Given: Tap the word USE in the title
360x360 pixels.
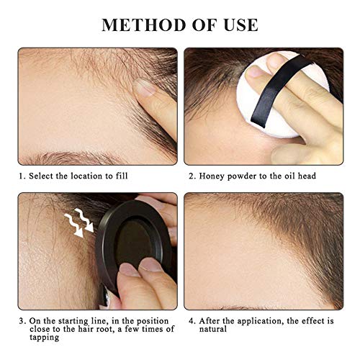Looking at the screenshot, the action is click(240, 24).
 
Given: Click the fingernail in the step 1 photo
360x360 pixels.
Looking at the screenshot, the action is click(144, 87).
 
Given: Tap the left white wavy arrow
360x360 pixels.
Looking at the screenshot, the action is click(73, 225).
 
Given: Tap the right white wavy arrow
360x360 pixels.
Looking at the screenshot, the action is click(84, 220).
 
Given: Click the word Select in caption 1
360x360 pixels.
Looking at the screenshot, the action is click(41, 176).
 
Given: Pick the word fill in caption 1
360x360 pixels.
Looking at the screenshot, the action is click(122, 176).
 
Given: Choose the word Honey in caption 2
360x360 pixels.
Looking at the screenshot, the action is click(212, 176).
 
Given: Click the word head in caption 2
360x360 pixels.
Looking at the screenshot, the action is click(307, 176).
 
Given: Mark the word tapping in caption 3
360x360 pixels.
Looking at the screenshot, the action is click(45, 338).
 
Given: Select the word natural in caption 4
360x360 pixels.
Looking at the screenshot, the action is click(213, 329).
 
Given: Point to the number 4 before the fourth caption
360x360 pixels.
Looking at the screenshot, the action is click(192, 321).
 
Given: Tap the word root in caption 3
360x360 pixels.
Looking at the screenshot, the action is click(103, 329).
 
